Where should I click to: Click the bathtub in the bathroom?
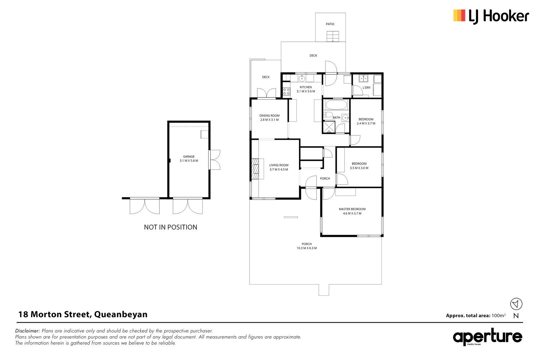point(336,105)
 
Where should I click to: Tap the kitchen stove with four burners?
point(286,91)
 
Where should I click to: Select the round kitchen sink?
point(302,79)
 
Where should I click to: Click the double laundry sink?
point(363,79)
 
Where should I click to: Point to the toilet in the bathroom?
point(328,115)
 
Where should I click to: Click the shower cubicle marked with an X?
point(329,127)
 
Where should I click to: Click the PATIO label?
point(330,24)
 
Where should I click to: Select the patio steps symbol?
point(333,36)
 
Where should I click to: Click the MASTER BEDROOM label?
point(352,209)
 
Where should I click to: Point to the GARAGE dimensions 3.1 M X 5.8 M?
point(189,161)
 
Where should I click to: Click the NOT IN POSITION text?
point(170,227)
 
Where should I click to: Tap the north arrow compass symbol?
point(516,304)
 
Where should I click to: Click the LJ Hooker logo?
point(491,16)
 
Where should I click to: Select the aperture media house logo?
point(487,337)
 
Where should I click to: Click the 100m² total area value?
point(498,315)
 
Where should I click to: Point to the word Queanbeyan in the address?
point(121,314)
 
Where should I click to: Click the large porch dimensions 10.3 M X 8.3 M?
point(307,248)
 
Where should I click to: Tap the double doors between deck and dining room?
point(266,93)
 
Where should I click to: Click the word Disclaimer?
point(27,331)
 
